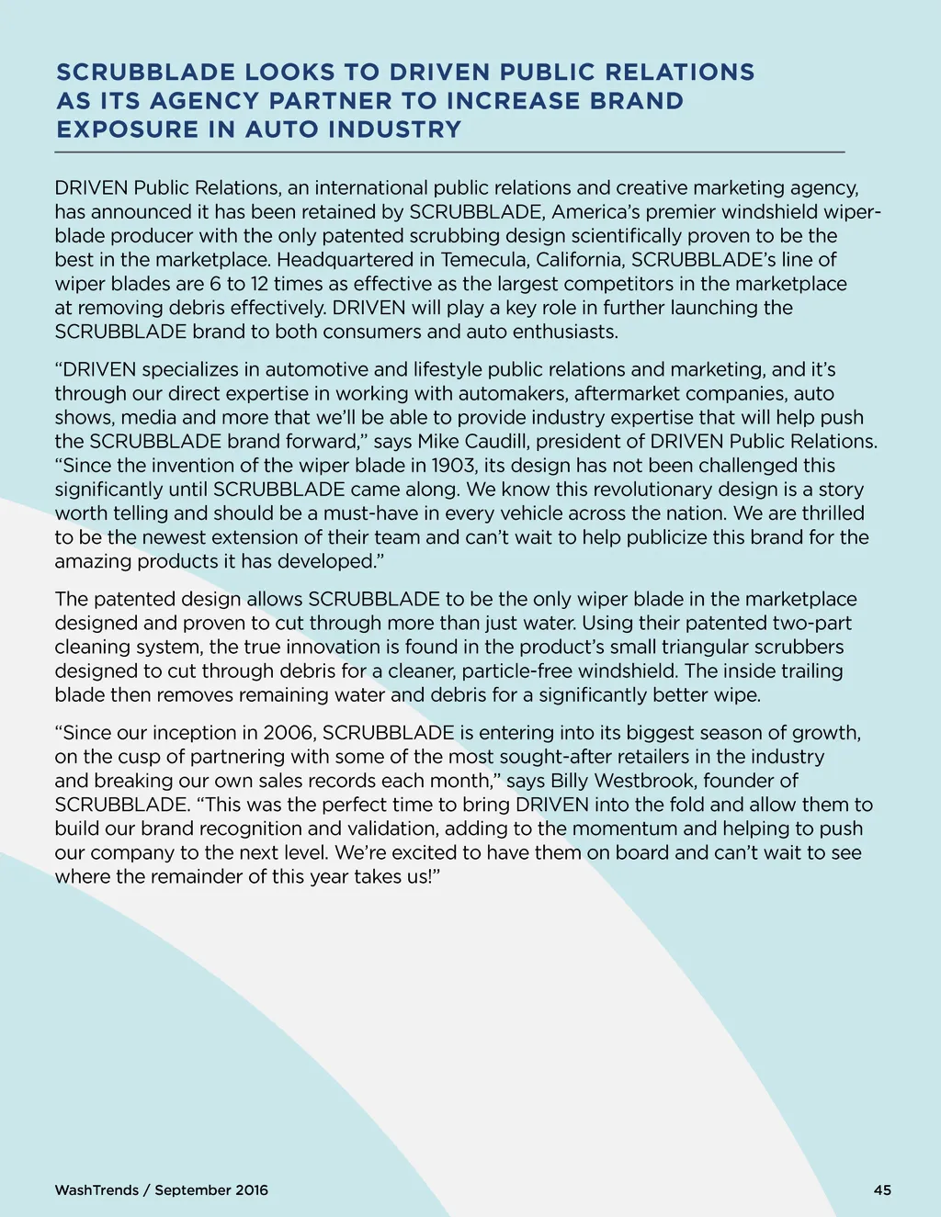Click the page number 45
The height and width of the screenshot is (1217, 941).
tap(882, 1189)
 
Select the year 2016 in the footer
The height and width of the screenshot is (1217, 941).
tap(252, 1189)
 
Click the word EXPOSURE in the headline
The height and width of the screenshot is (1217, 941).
tap(127, 129)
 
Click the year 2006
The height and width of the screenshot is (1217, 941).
tap(289, 732)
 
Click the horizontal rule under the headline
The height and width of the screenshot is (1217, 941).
tap(449, 152)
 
